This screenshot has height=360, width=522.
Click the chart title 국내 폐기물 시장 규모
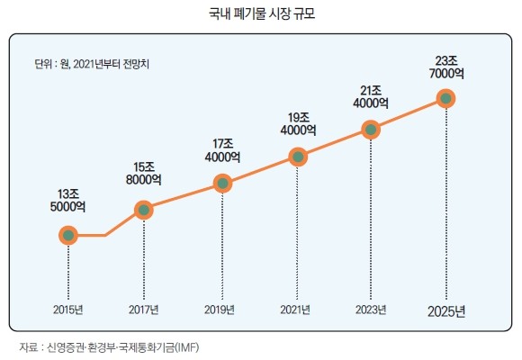[x=262, y=14]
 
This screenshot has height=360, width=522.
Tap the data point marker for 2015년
[x=68, y=236]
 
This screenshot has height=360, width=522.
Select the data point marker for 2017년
[x=144, y=210]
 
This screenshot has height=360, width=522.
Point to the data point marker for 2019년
[x=222, y=184]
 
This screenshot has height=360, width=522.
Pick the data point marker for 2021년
[x=298, y=157]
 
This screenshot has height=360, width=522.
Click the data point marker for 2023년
[x=371, y=130]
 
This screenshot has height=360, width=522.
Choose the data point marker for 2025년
[x=445, y=99]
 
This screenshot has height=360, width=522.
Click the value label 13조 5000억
[x=67, y=201]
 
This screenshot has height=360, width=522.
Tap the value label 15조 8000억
[x=144, y=174]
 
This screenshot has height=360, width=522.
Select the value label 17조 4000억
[x=222, y=150]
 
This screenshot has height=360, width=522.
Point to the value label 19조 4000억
[x=298, y=124]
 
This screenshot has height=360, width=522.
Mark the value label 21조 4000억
[x=371, y=97]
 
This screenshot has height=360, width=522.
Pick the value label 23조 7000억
[x=446, y=67]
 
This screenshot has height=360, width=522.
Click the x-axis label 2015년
[x=67, y=310]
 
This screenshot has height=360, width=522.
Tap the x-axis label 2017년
[x=144, y=310]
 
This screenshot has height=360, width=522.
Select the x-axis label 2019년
[x=220, y=310]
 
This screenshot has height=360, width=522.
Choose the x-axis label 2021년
[x=295, y=310]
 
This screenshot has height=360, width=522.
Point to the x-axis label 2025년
[x=446, y=312]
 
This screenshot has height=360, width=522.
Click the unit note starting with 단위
[x=92, y=64]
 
